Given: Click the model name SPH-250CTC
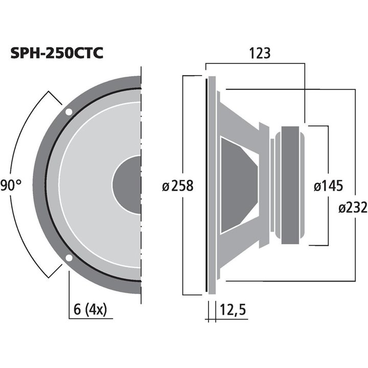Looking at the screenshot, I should [57, 53].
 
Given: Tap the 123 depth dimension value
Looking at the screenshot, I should [259, 53].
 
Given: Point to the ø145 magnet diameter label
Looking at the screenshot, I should [328, 186].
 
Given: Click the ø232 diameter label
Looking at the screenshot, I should [353, 208].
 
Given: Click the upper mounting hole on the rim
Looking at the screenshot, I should [68, 112].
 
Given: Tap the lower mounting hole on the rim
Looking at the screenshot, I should [68, 258].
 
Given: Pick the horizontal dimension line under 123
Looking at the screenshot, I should [256, 64].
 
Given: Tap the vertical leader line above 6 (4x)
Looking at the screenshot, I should [68, 291].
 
